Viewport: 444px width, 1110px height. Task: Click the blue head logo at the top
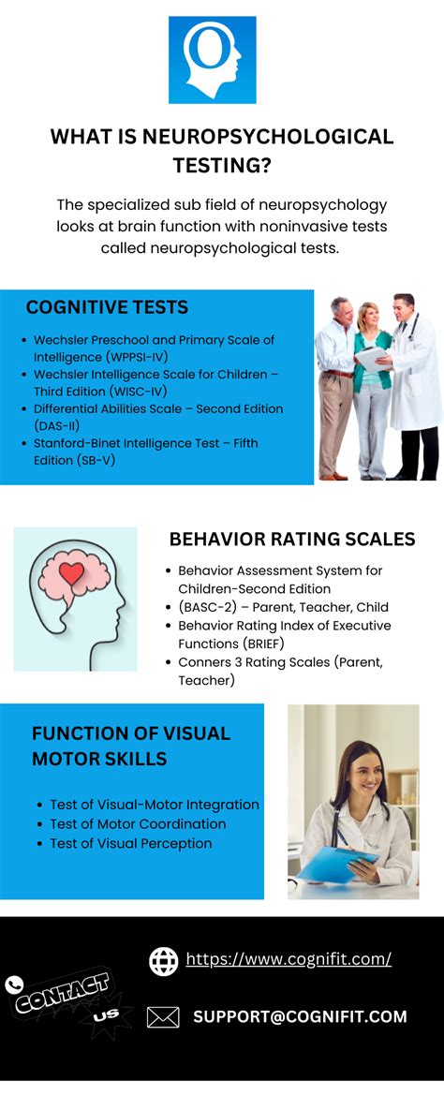click(212, 60)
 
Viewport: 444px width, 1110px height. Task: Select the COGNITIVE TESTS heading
click(107, 307)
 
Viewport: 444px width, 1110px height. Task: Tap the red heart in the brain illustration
click(72, 573)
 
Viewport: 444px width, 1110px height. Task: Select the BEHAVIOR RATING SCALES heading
click(291, 539)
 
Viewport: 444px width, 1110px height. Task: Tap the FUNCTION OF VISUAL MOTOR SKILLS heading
click(131, 746)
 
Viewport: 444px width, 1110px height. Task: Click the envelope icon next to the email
click(163, 1016)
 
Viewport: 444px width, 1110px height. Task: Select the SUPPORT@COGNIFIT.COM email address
click(300, 1016)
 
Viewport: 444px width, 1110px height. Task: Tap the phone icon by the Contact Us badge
click(14, 984)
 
